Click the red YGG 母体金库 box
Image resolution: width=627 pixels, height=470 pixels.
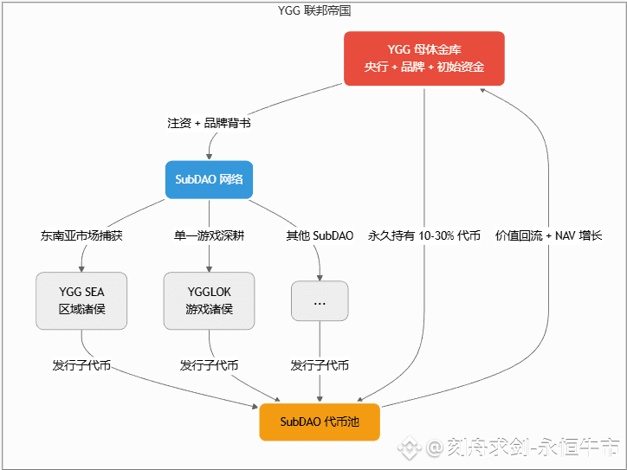(x=424, y=59)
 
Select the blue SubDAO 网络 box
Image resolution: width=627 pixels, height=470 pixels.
(x=209, y=180)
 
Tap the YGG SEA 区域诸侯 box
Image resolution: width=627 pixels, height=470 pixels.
(x=81, y=301)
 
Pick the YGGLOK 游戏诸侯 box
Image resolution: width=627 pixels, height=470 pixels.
(x=209, y=301)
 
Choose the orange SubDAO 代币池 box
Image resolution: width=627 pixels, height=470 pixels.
(x=320, y=422)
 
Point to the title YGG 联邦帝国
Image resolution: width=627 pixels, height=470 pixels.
(x=313, y=11)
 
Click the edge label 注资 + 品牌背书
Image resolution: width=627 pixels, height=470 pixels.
(x=209, y=123)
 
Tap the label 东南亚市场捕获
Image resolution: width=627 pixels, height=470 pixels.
(x=81, y=235)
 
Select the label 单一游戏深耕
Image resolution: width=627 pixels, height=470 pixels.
(x=209, y=235)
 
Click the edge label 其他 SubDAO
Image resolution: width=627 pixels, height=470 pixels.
(x=320, y=235)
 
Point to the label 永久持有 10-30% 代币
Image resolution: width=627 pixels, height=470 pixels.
(x=424, y=235)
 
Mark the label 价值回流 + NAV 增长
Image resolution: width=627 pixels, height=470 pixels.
(x=548, y=235)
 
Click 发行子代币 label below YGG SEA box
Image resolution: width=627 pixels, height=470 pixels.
(x=81, y=365)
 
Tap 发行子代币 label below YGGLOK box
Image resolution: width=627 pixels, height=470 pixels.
(x=209, y=365)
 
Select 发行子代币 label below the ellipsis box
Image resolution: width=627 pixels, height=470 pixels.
(x=320, y=365)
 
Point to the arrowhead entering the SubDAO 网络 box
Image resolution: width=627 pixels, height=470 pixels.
(x=209, y=157)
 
